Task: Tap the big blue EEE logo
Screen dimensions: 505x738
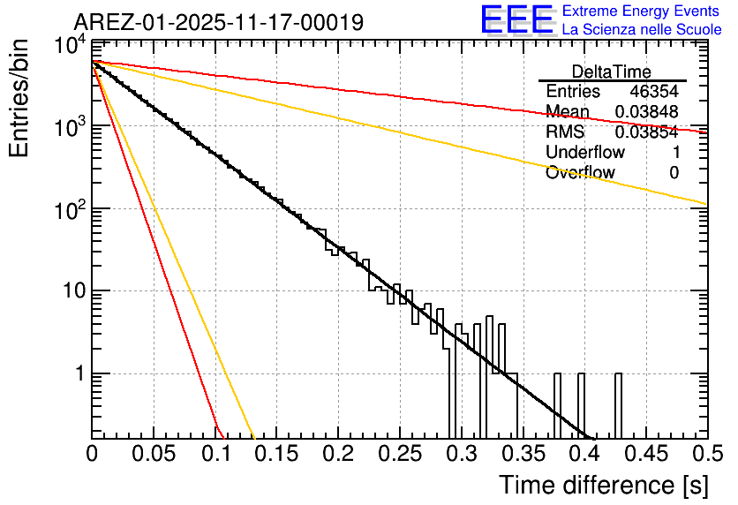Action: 516,19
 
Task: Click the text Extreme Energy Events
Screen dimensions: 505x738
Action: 641,11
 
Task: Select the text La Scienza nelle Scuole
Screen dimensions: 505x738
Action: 642,29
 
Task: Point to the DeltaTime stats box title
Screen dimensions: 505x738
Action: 612,72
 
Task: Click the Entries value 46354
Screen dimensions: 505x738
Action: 654,92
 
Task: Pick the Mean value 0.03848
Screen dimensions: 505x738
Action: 646,112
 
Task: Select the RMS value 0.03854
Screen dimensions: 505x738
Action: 646,132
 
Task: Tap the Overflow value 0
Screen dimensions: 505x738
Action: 674,173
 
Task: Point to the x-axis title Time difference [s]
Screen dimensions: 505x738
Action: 603,485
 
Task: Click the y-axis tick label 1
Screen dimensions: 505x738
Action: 79,373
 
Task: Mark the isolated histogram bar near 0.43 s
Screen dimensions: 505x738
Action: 618,405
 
